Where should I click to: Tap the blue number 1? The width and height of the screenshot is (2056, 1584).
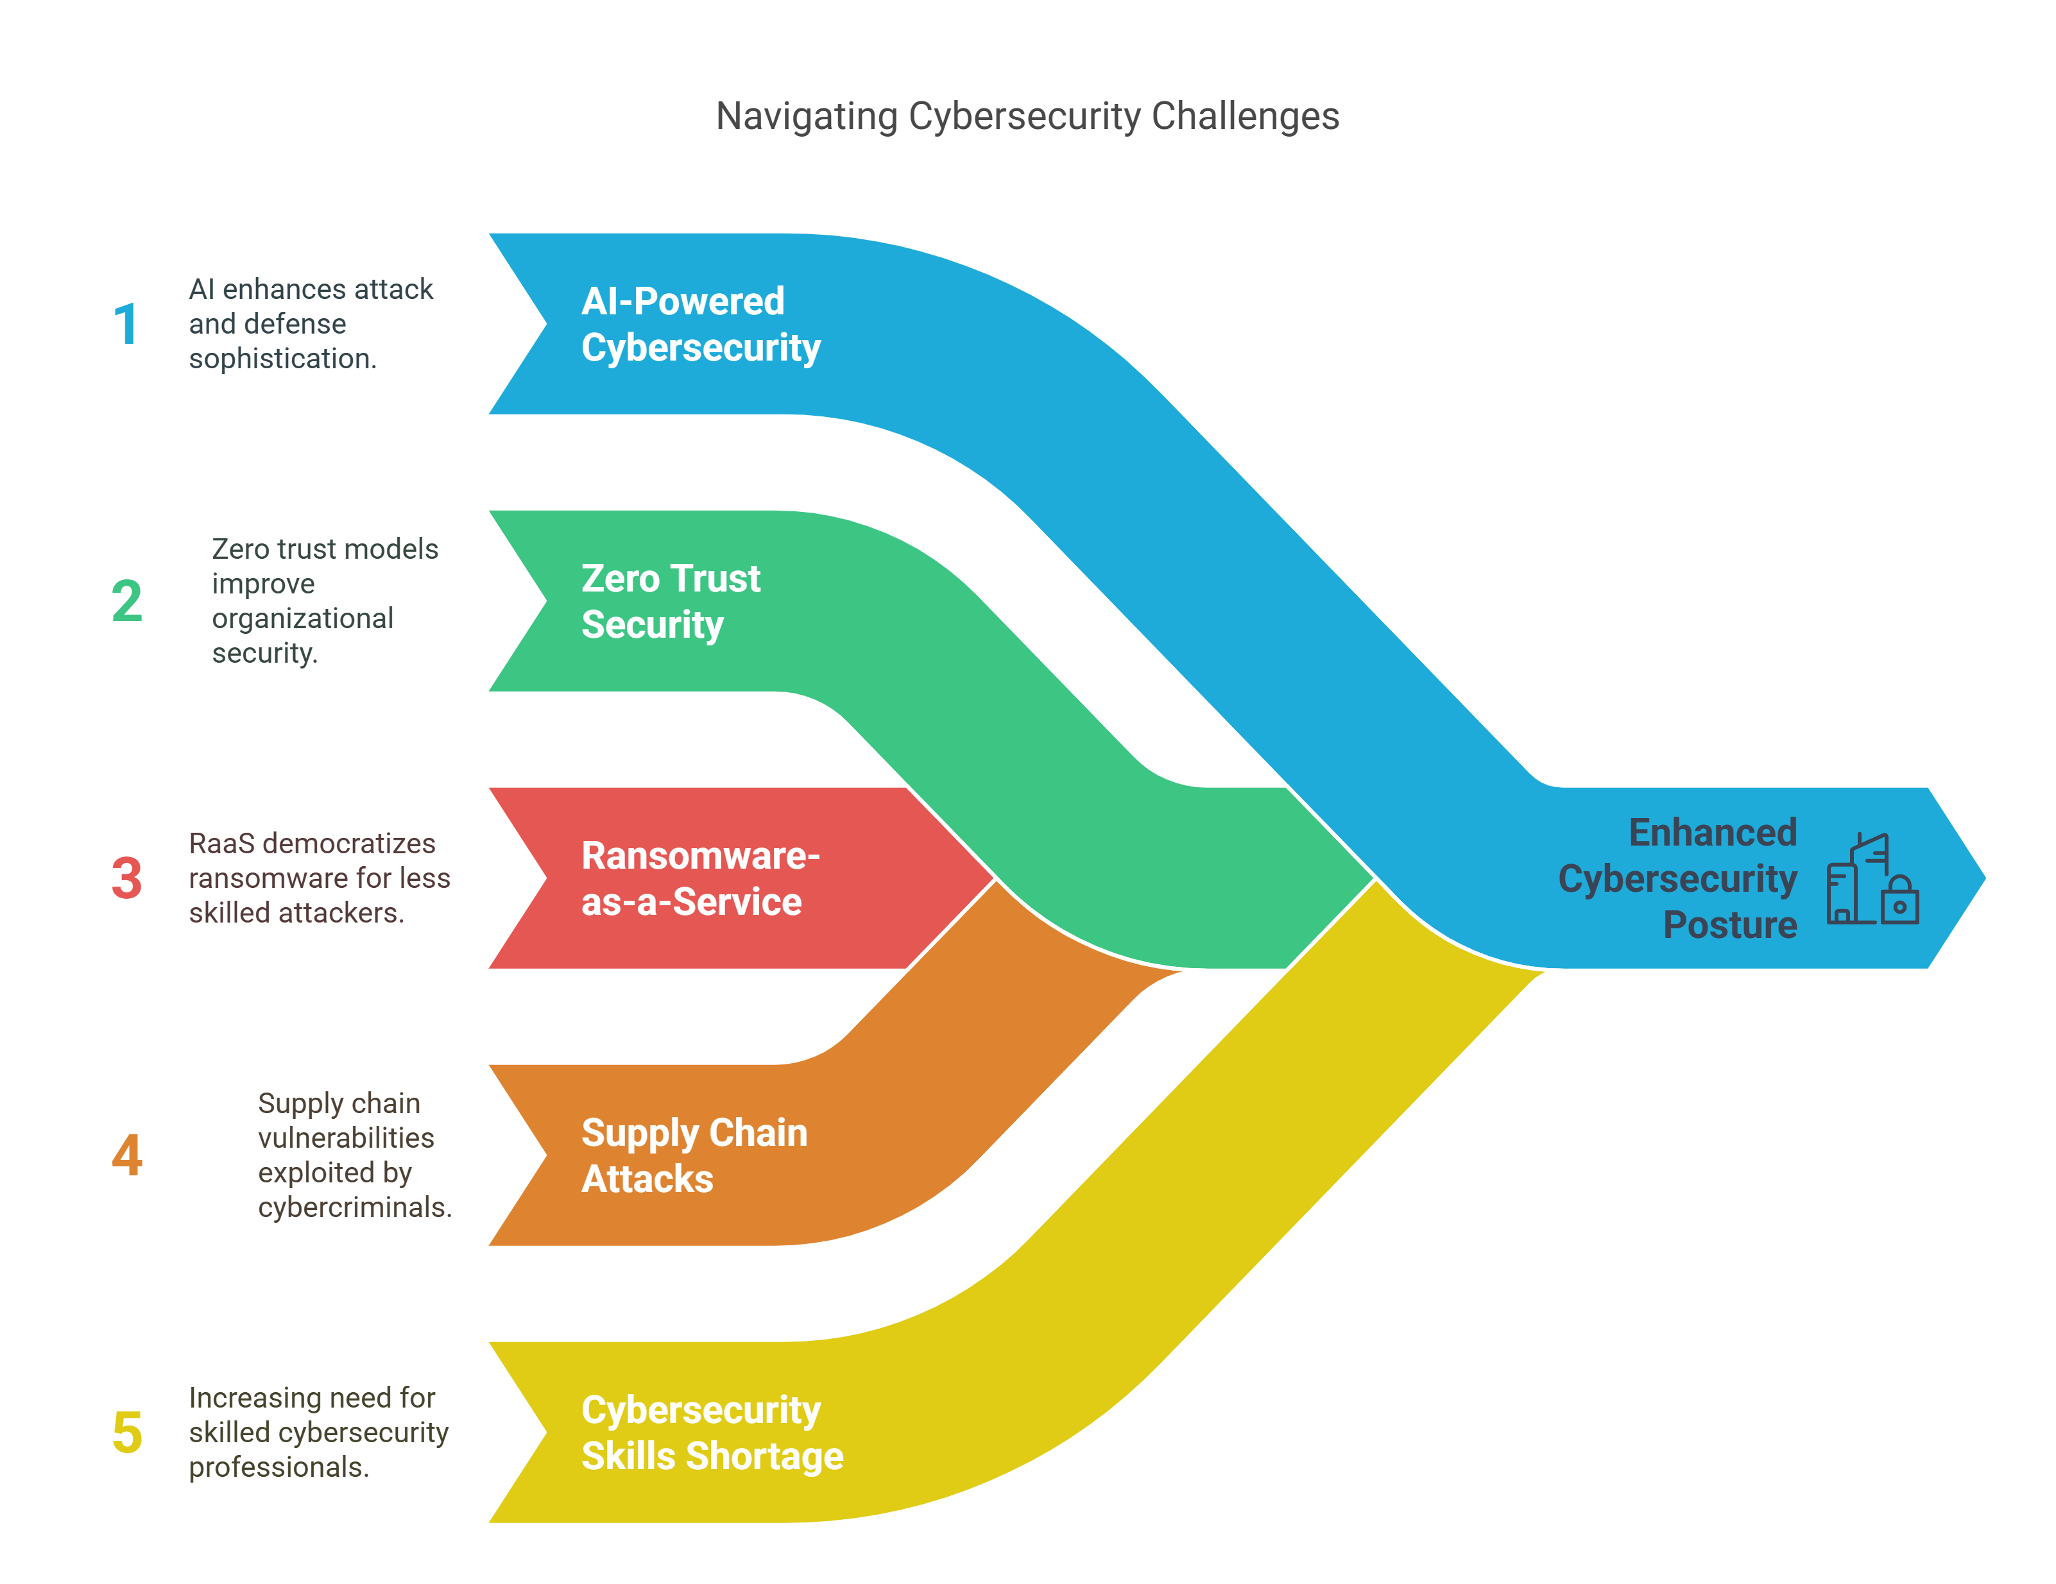point(125,325)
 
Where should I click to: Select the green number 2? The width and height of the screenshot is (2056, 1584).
point(127,601)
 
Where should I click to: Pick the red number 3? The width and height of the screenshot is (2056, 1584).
point(127,878)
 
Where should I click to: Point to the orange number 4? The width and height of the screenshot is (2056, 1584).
point(127,1155)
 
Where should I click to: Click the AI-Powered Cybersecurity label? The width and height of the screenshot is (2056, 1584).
point(700,325)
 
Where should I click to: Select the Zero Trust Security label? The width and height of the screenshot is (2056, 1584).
point(671,601)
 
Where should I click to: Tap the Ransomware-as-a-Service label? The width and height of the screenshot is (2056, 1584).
point(700,878)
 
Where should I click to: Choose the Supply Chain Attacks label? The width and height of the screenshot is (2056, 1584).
point(694,1155)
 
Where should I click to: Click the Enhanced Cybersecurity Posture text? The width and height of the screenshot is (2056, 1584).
point(1677,878)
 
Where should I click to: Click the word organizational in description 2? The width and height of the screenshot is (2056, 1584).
point(302,618)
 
